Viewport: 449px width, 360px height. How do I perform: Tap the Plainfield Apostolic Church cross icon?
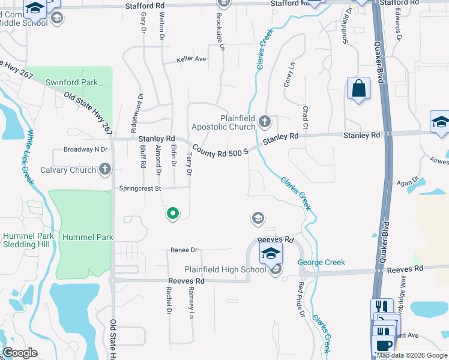tap(264, 122)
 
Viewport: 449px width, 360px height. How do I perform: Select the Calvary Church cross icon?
tap(105, 169)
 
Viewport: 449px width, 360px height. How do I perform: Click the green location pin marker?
tap(172, 213)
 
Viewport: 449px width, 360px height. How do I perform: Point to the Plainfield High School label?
tap(225, 269)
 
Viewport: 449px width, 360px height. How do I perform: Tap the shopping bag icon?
tap(358, 89)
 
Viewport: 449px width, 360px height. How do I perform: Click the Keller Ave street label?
tap(191, 59)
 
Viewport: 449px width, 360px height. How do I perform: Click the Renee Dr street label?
tap(184, 250)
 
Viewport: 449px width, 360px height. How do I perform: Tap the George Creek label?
tap(322, 262)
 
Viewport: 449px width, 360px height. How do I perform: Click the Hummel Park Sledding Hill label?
tap(28, 240)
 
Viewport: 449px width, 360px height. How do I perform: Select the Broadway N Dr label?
tap(85, 149)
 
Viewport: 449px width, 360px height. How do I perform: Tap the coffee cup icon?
tap(383, 346)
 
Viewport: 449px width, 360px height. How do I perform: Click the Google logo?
tap(20, 353)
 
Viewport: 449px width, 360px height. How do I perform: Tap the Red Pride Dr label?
tap(301, 296)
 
